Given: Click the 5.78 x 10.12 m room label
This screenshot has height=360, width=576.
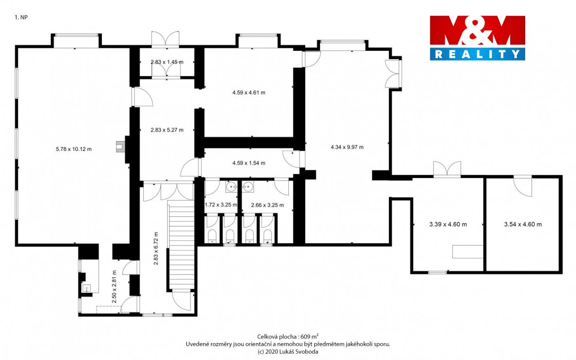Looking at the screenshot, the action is click(x=73, y=149).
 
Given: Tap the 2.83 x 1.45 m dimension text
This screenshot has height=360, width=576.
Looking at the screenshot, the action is click(x=167, y=62).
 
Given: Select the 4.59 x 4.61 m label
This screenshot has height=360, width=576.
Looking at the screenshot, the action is click(x=249, y=93).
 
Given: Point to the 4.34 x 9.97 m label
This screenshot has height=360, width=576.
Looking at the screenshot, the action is click(x=347, y=147).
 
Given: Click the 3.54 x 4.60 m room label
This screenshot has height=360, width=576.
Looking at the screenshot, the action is click(x=523, y=224).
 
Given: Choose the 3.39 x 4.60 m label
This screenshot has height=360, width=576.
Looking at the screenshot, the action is click(x=448, y=224).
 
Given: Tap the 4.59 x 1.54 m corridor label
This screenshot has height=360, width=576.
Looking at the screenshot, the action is click(x=249, y=163).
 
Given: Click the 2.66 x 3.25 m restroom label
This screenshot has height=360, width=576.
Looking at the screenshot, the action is click(x=267, y=205).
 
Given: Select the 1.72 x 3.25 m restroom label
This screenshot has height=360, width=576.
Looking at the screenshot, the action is click(x=221, y=205).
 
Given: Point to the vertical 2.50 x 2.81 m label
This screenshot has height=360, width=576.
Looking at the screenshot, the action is click(x=115, y=286).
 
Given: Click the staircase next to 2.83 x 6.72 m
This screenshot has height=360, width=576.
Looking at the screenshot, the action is click(x=181, y=244).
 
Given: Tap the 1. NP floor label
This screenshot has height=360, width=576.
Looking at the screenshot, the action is click(x=21, y=17).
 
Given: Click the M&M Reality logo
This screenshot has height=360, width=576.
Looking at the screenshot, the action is click(x=477, y=38).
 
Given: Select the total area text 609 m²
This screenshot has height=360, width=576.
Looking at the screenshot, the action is click(x=288, y=336).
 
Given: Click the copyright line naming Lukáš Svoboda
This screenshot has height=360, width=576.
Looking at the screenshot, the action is click(x=288, y=352).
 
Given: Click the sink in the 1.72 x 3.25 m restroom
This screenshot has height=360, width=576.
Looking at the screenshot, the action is click(x=232, y=187).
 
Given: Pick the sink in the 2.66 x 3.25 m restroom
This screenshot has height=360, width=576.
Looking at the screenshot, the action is click(x=248, y=187).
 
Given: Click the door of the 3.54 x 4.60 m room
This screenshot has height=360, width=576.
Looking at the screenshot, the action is click(x=523, y=186).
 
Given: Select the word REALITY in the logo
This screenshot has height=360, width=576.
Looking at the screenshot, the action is click(x=477, y=54).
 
